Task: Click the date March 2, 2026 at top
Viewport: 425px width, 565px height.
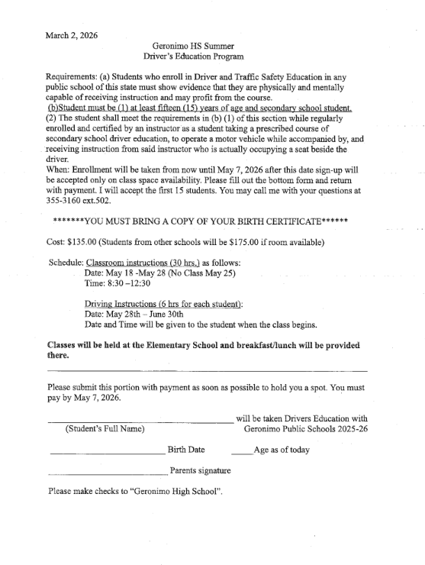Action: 72,35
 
